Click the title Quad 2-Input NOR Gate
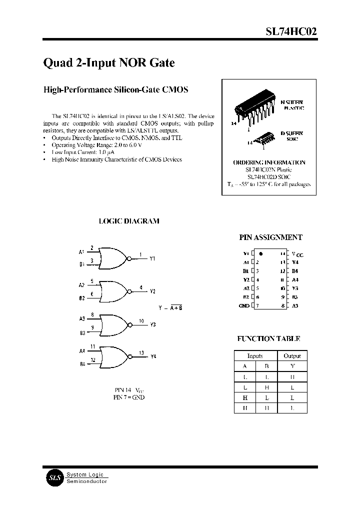pyautogui.click(x=108, y=63)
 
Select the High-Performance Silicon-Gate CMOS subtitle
pyautogui.click(x=116, y=90)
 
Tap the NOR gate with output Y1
pyautogui.click(x=114, y=258)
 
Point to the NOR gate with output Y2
pyautogui.click(x=114, y=291)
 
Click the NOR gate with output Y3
pyautogui.click(x=114, y=324)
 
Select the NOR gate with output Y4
pyautogui.click(x=114, y=357)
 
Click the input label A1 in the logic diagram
pyautogui.click(x=81, y=252)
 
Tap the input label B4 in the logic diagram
pyautogui.click(x=81, y=364)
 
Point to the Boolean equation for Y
pyautogui.click(x=170, y=307)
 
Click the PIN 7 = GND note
pyautogui.click(x=128, y=397)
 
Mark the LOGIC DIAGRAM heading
pyautogui.click(x=128, y=221)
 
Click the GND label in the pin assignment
pyautogui.click(x=244, y=305)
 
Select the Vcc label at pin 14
pyautogui.click(x=297, y=254)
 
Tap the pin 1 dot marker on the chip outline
pyautogui.click(x=261, y=254)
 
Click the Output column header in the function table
pyautogui.click(x=292, y=356)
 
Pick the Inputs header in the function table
pyautogui.click(x=255, y=356)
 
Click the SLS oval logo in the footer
pyautogui.click(x=53, y=477)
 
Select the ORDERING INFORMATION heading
pyautogui.click(x=269, y=162)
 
